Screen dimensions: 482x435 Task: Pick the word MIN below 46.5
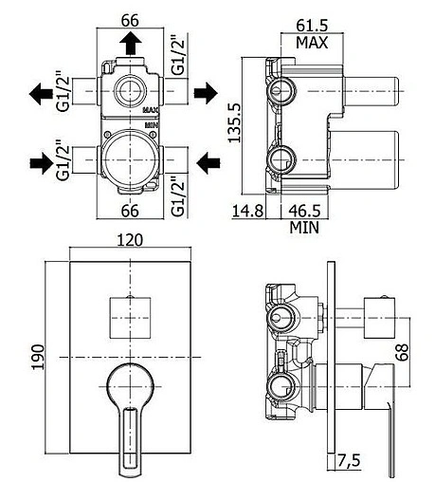click(x=305, y=228)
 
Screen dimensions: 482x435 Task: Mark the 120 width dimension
click(x=132, y=242)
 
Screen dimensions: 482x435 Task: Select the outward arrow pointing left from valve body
click(x=41, y=93)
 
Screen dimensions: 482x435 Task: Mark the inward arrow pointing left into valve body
click(x=206, y=162)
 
